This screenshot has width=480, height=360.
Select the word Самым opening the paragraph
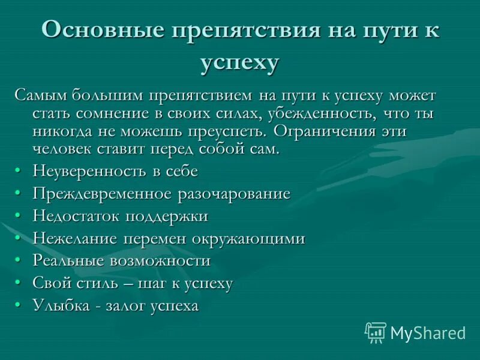click(41, 96)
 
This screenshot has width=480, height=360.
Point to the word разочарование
click(233, 194)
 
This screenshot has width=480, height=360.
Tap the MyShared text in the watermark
click(428, 333)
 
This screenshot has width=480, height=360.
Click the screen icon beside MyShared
click(375, 332)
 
